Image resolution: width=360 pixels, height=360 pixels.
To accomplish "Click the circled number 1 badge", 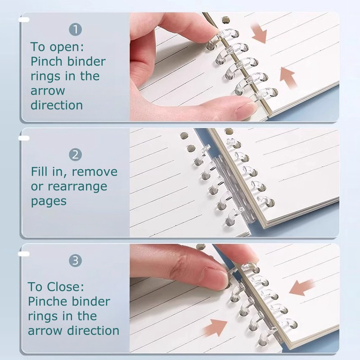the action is (x=75, y=29).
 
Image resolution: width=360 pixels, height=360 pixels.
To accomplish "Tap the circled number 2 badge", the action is (x=75, y=155).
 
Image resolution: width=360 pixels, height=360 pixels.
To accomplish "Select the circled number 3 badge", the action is (x=75, y=261).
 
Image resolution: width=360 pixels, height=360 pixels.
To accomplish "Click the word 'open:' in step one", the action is (x=67, y=47).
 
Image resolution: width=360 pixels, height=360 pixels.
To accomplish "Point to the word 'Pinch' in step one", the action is (x=46, y=61).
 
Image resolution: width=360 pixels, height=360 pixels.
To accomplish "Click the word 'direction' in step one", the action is (x=57, y=105).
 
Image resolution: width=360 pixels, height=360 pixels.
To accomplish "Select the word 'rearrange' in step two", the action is (x=77, y=187).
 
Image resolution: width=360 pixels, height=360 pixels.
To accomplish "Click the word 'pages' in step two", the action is (x=49, y=202).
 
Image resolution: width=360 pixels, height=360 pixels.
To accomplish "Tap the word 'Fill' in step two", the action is (x=40, y=171).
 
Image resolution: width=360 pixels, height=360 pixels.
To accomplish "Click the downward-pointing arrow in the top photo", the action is (x=259, y=34).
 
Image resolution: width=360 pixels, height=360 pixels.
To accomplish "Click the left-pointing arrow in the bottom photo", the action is (x=301, y=287).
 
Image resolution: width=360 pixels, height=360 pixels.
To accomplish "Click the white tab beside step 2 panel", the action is (x=24, y=138).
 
